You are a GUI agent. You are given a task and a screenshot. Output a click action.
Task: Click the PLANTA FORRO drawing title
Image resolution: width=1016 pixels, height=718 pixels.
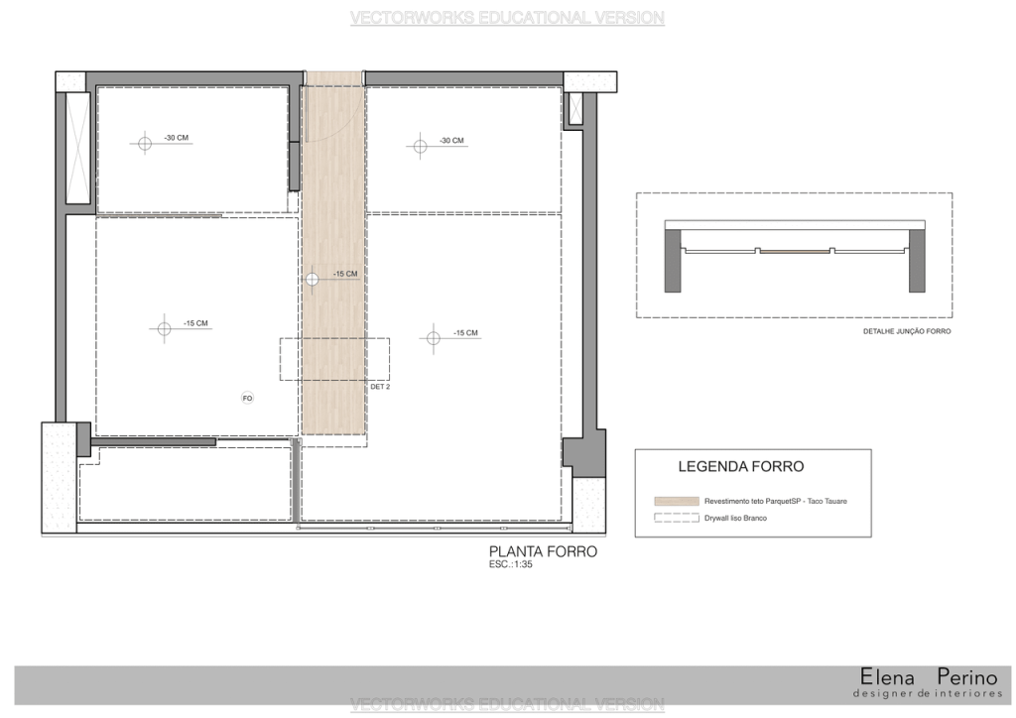543,551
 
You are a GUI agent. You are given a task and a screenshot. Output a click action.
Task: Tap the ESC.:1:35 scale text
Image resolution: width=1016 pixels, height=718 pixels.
511,564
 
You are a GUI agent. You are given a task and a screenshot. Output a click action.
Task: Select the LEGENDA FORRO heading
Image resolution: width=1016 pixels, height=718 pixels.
740,467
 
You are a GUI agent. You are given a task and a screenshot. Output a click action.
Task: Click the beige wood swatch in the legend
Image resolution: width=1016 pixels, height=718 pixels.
677,501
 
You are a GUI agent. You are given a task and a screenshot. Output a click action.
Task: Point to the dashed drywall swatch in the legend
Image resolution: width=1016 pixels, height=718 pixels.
677,518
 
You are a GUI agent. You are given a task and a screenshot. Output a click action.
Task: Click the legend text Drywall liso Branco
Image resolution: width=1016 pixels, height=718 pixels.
735,518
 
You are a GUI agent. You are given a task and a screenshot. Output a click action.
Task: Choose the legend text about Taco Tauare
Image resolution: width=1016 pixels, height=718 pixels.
776,501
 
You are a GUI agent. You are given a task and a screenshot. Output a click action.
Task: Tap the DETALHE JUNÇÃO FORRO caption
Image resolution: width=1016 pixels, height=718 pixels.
907,331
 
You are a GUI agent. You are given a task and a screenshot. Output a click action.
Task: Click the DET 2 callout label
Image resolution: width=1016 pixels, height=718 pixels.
380,387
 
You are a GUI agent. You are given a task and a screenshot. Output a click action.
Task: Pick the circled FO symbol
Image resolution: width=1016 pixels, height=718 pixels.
247,398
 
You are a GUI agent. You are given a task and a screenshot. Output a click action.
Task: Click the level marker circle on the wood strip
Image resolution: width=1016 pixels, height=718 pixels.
313,279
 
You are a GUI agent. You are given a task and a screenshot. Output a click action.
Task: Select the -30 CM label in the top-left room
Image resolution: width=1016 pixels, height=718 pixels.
177,138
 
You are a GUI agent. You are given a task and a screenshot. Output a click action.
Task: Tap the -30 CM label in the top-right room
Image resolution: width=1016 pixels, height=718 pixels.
451,141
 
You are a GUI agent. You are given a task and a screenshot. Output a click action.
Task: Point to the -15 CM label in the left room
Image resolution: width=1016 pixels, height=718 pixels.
195,323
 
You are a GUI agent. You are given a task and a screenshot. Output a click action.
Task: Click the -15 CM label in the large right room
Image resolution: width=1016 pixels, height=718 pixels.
465,333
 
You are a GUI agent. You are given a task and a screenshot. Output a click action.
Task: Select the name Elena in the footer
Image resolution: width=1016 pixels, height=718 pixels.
887,677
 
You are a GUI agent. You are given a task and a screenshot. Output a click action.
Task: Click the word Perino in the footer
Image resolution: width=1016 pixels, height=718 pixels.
967,677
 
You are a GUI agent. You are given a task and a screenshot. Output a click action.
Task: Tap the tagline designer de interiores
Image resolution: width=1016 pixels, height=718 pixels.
928,694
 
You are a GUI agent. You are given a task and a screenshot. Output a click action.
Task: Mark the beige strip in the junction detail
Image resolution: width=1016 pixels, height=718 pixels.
795,251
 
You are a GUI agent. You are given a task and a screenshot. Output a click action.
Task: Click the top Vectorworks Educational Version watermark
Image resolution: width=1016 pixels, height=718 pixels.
507,18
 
